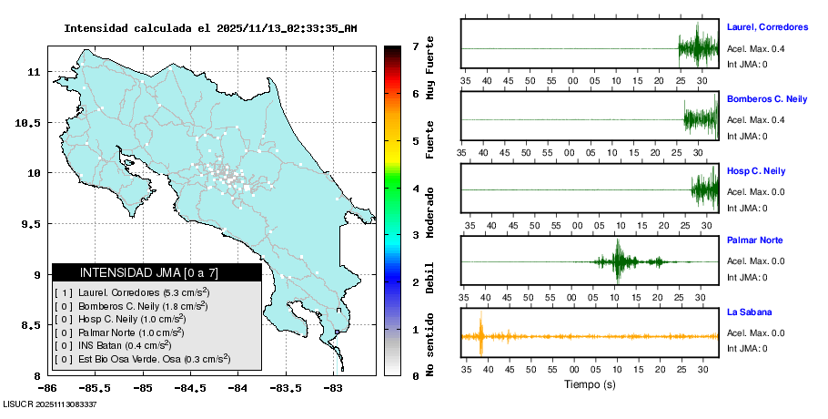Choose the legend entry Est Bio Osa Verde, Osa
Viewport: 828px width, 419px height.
pyautogui.click(x=142, y=360)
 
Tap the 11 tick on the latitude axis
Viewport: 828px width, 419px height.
pyautogui.click(x=35, y=71)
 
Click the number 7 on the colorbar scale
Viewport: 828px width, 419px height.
pyautogui.click(x=415, y=46)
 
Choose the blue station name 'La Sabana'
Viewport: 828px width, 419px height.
pyautogui.click(x=748, y=312)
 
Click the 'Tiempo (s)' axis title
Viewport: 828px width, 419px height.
pyautogui.click(x=590, y=383)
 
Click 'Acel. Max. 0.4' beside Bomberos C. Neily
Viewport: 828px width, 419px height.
pyautogui.click(x=755, y=120)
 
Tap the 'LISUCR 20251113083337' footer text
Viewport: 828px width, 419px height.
pyautogui.click(x=50, y=404)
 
